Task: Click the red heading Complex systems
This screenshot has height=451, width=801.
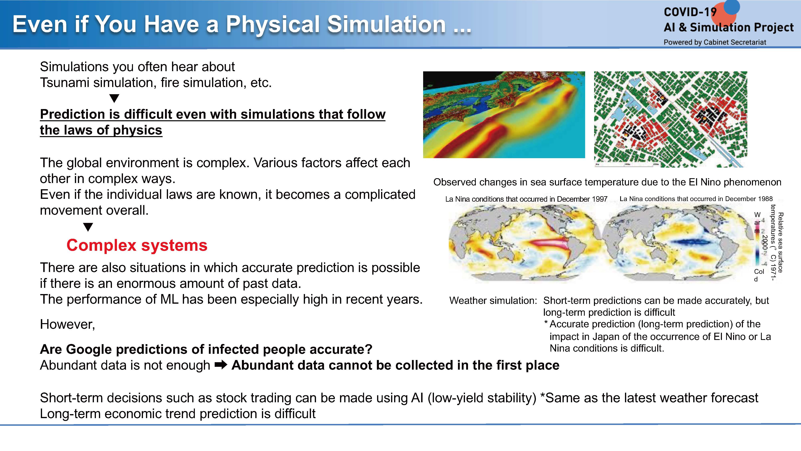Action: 137,245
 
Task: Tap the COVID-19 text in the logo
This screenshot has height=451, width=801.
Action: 690,12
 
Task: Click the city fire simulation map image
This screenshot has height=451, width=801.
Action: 670,119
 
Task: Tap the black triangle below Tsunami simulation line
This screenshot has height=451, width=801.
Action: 114,98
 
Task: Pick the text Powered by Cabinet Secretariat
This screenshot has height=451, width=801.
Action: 715,42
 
